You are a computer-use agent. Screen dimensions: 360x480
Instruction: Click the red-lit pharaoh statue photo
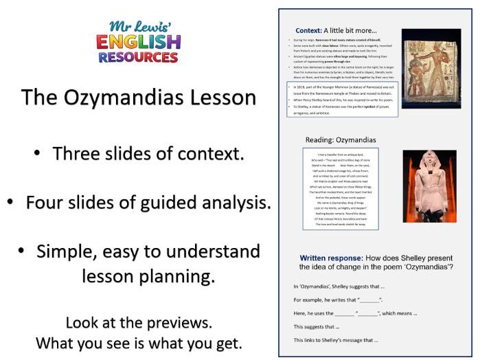(x=430, y=187)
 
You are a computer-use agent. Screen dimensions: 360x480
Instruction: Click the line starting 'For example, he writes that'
(x=337, y=300)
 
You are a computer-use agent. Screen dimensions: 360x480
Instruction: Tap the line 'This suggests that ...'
(x=317, y=326)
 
